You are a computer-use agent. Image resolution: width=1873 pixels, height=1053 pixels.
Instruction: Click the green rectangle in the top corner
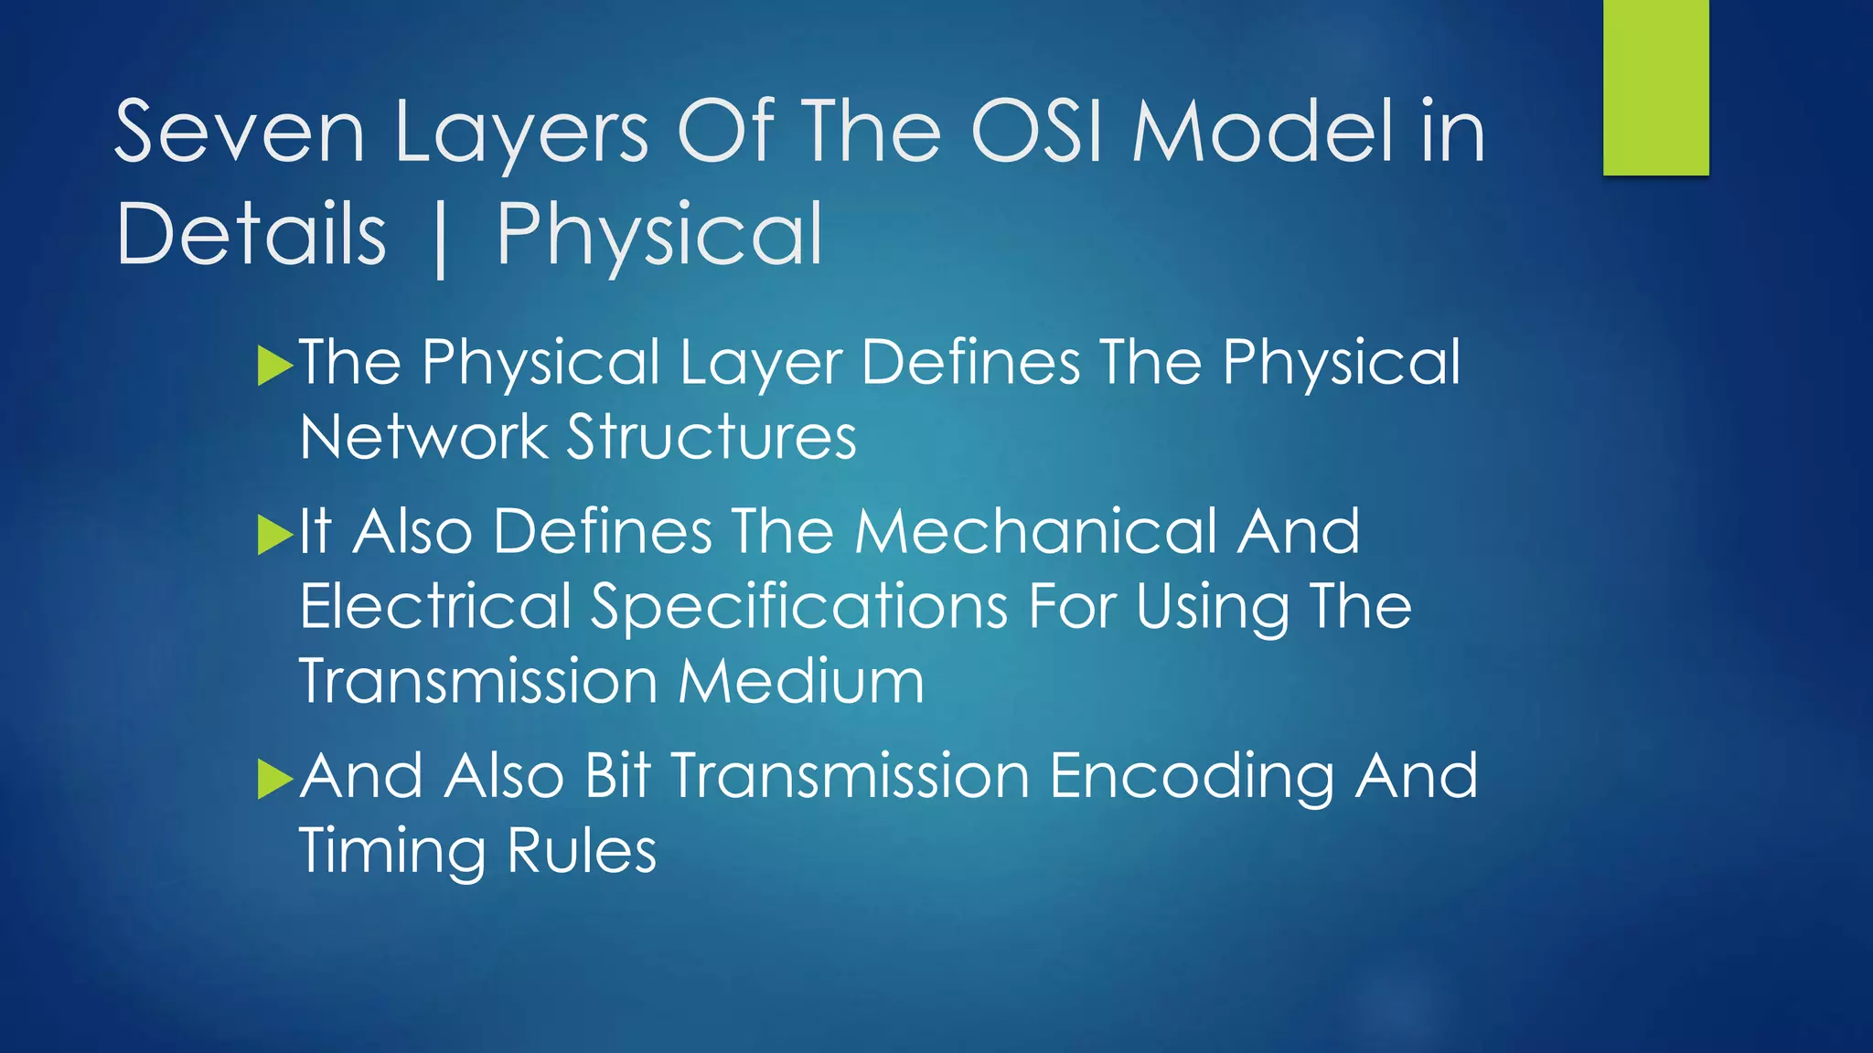tap(1655, 88)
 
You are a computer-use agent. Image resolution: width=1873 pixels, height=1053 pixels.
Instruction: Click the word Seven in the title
tap(240, 133)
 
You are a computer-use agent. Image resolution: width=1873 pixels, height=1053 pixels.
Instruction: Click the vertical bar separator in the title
tap(441, 239)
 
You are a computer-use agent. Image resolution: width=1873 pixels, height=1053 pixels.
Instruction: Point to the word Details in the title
tap(252, 235)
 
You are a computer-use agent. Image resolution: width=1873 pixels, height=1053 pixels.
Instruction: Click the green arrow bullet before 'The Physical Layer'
tap(274, 366)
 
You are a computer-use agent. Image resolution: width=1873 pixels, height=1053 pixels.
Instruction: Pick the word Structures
tap(712, 437)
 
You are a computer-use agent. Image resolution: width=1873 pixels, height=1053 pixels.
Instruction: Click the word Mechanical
tap(1035, 532)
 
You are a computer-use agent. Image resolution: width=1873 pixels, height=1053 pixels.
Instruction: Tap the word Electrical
tap(435, 607)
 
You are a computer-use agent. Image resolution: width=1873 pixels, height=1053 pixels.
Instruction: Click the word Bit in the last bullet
tap(616, 776)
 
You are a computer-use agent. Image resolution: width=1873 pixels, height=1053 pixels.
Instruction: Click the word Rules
tap(582, 852)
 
